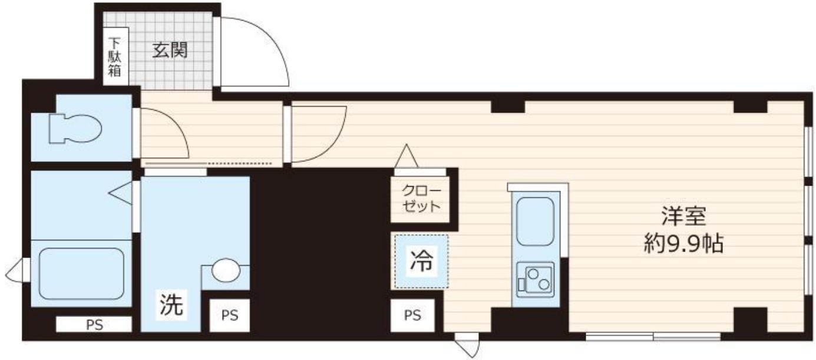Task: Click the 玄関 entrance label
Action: click(x=170, y=51)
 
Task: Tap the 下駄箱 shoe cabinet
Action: click(x=114, y=57)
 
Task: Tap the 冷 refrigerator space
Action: click(x=421, y=261)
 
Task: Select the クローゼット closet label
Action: click(x=421, y=199)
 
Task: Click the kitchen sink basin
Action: click(x=534, y=221)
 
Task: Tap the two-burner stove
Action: click(x=535, y=279)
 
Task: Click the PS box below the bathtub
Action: click(x=94, y=323)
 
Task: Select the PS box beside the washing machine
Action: click(x=230, y=315)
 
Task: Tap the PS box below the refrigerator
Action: click(x=412, y=315)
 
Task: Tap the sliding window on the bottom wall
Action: click(x=653, y=337)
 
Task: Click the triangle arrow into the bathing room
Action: click(x=122, y=193)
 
